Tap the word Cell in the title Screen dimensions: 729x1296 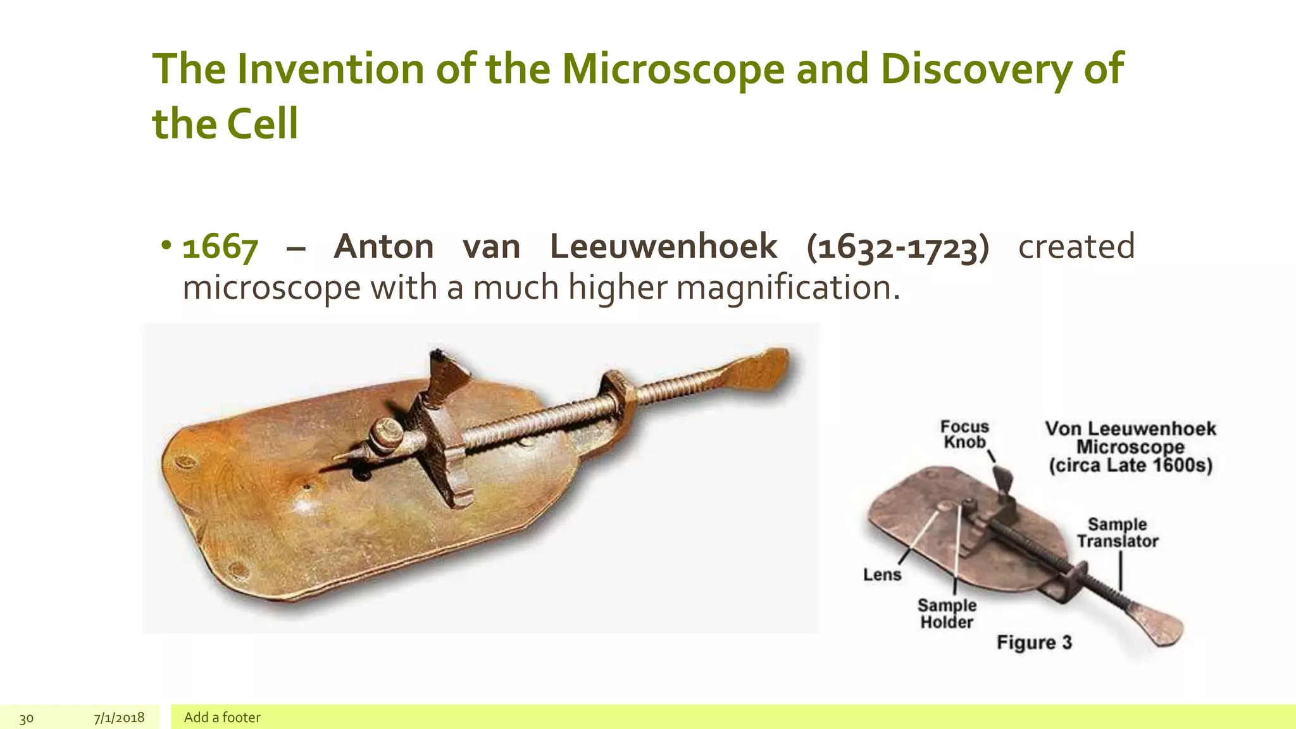[x=262, y=124]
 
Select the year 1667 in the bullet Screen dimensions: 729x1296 [x=220, y=247]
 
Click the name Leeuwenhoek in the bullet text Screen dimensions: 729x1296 [x=663, y=247]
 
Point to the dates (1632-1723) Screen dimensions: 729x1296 [x=897, y=247]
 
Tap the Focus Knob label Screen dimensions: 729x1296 [x=964, y=434]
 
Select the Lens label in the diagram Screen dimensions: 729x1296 [x=882, y=575]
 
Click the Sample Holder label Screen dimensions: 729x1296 [x=947, y=614]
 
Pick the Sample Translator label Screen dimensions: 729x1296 [x=1118, y=533]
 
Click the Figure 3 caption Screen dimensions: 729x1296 [x=1034, y=643]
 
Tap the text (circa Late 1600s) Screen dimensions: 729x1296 [x=1130, y=466]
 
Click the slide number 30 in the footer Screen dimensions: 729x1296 [x=27, y=718]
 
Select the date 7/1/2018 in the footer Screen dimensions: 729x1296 [x=119, y=718]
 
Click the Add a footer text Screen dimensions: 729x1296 [x=222, y=718]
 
